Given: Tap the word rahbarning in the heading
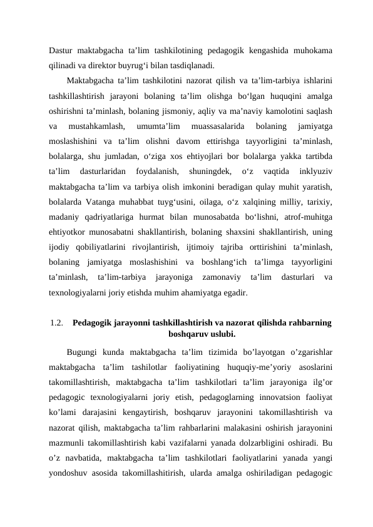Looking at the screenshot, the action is [307, 323].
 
